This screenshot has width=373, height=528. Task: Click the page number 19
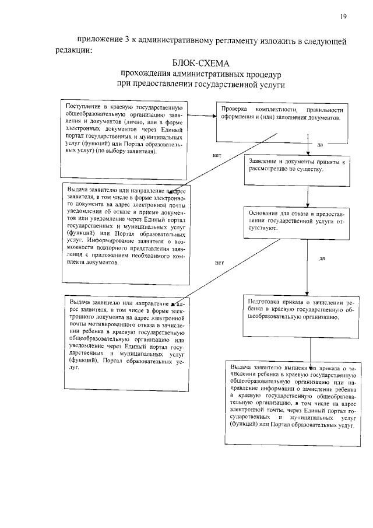tap(343, 17)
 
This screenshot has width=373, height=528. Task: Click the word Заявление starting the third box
tap(263, 161)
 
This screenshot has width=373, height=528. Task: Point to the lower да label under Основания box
tap(322, 258)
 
